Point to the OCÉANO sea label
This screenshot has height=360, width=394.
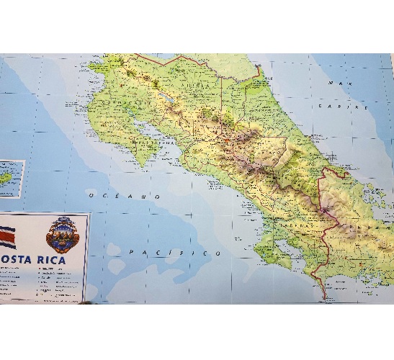coord(123,196)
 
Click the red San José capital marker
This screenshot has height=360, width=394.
coord(228,141)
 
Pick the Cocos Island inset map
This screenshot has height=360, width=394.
coord(11,178)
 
